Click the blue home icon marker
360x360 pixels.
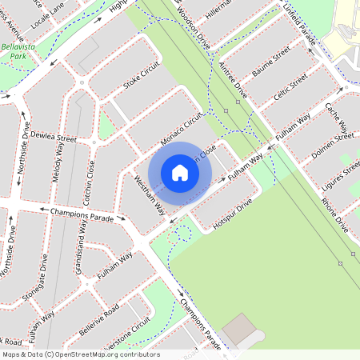(x=180, y=173)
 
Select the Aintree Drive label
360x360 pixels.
(x=233, y=81)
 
